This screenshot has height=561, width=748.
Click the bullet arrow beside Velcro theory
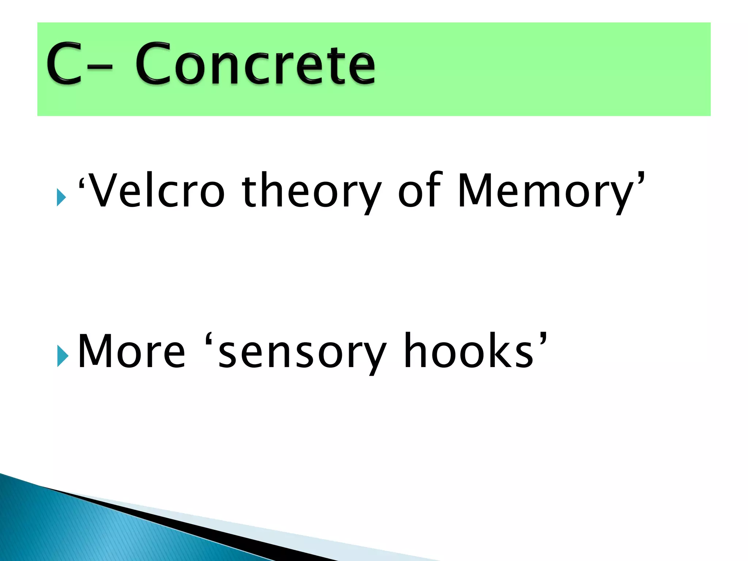coord(61,198)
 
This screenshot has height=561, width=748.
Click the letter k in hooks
coord(502,351)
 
